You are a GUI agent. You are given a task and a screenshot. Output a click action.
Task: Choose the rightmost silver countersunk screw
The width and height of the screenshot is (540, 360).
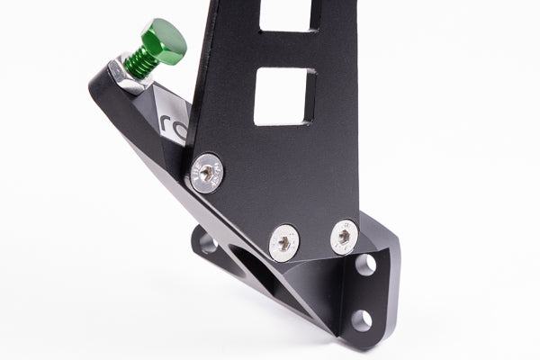click(x=343, y=237)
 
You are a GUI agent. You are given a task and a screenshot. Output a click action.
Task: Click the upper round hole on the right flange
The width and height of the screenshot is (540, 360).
click(x=365, y=265)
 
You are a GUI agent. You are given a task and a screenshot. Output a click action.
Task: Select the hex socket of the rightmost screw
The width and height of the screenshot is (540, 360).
click(x=343, y=237)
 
